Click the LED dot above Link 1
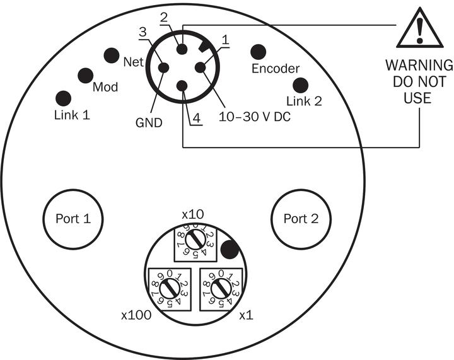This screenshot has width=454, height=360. click(63, 98)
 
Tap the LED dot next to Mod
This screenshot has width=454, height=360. click(86, 76)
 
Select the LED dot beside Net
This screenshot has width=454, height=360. click(112, 55)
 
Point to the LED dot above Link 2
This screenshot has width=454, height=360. click(300, 85)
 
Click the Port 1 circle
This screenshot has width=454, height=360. click(73, 219)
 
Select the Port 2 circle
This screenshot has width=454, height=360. click(301, 219)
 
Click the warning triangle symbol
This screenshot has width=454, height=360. click(418, 28)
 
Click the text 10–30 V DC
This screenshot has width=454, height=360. click(254, 117)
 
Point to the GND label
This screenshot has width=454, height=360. click(149, 122)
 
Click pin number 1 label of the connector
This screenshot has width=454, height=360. click(224, 39)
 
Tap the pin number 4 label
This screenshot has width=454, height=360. click(196, 117)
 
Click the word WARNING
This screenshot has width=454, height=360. click(419, 66)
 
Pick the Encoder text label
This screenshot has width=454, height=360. click(276, 69)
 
